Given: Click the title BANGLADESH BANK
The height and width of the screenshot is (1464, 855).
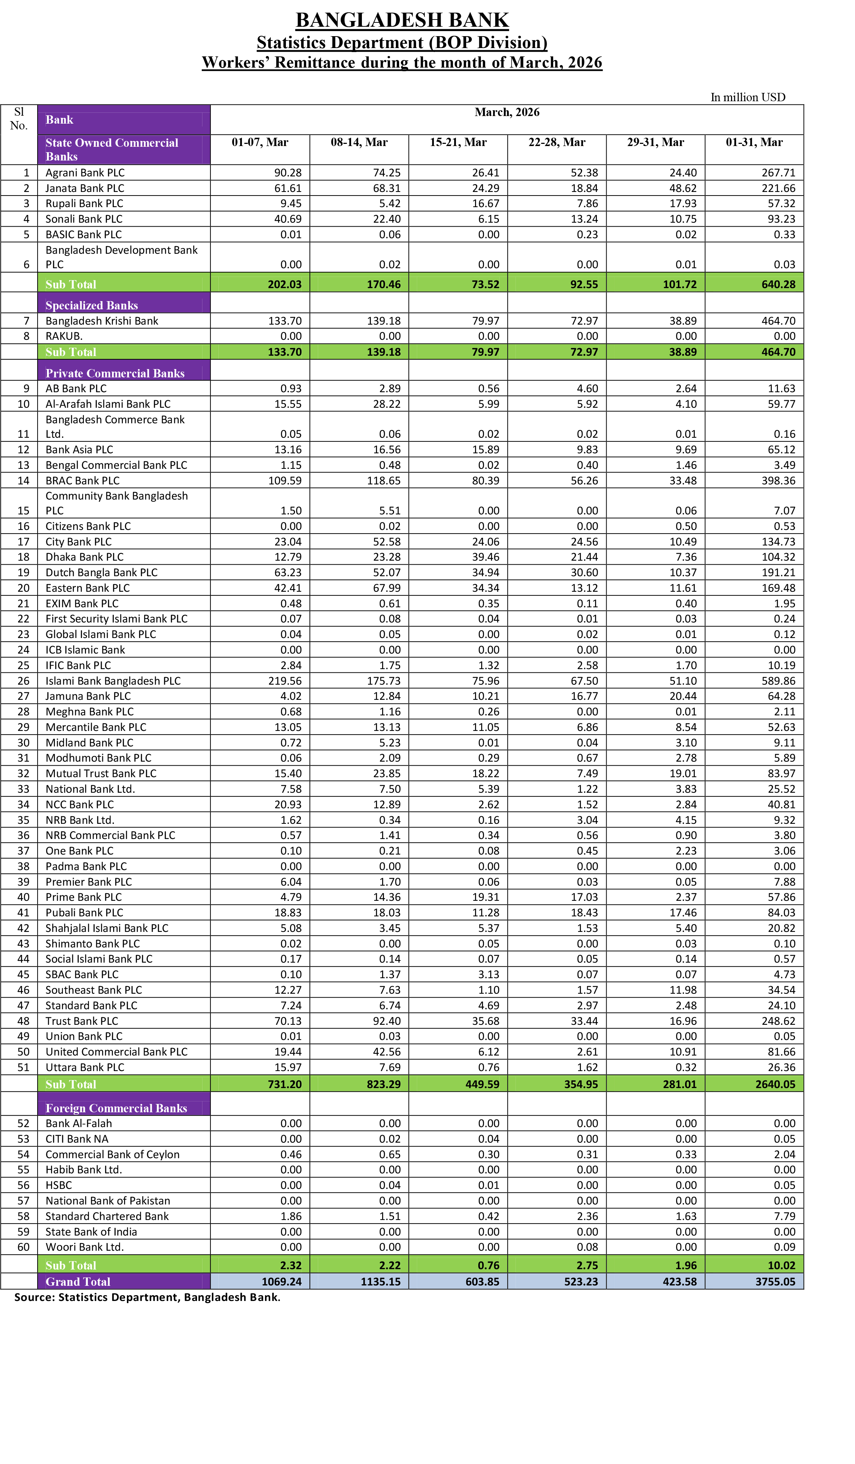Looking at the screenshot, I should [402, 20].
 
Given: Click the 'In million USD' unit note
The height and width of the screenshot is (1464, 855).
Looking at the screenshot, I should [748, 97].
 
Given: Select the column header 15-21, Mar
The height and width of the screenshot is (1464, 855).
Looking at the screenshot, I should [458, 142].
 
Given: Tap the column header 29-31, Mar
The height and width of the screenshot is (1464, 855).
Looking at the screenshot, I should [655, 142].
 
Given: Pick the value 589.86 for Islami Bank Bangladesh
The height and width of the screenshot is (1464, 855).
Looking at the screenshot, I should [778, 681].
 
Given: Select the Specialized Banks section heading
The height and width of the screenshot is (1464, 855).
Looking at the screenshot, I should [92, 305].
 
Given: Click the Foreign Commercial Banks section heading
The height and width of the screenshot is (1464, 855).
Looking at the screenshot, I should [116, 1108].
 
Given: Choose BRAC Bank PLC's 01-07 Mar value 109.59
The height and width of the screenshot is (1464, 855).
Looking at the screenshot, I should [285, 480].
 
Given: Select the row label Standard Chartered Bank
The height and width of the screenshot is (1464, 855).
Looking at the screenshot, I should [107, 1216].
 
